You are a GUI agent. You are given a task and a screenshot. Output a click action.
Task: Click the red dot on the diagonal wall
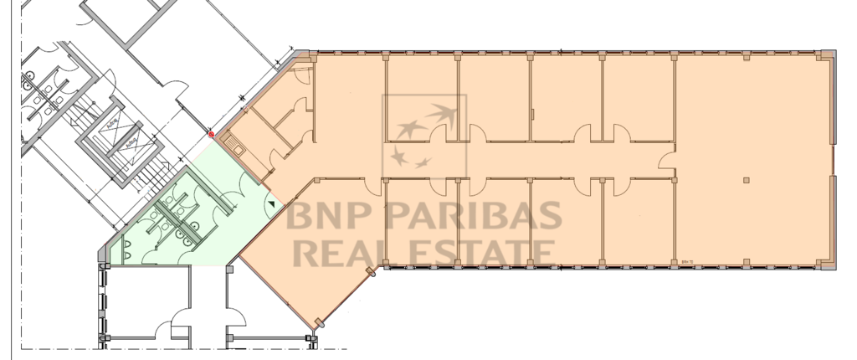[x=211, y=134]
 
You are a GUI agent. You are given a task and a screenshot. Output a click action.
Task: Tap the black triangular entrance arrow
[x=271, y=203]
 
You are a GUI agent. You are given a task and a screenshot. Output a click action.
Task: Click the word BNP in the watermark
[x=322, y=217]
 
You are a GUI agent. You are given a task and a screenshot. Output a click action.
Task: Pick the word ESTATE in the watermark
[x=485, y=251]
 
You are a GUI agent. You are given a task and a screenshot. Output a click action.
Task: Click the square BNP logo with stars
[x=424, y=136]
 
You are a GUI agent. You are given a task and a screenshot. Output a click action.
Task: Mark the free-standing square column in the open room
[x=745, y=180]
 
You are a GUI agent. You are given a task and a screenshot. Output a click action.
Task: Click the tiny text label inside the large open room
[x=690, y=260]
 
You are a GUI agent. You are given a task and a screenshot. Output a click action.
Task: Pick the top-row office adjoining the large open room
[x=638, y=96]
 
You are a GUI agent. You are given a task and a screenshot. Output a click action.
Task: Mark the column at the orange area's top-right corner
[x=827, y=55]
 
